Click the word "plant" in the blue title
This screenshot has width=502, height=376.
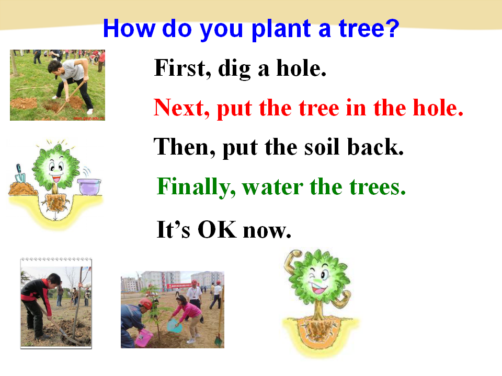pos(281,29)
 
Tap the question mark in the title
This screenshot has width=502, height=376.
pos(392,28)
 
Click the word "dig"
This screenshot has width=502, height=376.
pos(234,69)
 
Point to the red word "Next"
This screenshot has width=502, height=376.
pos(181,108)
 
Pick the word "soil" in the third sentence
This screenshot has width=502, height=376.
pos(322,147)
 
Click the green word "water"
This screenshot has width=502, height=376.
pos(272,187)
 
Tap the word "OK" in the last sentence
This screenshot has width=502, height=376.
pos(217,229)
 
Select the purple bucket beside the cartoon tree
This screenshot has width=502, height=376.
pos(89,186)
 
